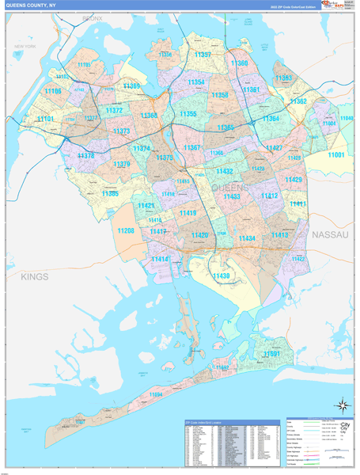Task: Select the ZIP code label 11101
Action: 46,120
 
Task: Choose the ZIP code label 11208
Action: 126,230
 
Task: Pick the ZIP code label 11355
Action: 188,114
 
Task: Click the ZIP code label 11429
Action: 294,180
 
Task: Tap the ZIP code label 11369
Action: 132,85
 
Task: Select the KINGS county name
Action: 36,276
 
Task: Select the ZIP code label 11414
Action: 161,259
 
